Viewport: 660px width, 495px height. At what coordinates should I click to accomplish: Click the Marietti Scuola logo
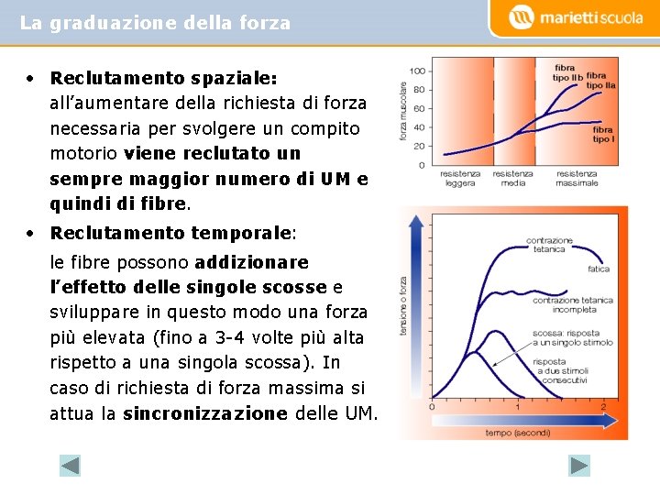tap(576, 17)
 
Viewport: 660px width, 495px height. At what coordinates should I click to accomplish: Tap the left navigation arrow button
tap(71, 465)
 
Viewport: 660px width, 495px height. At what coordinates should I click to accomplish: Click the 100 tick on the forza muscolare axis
tap(417, 71)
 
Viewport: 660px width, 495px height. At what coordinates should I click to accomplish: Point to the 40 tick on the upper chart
tap(419, 127)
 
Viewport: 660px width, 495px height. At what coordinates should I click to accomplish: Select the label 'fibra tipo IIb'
tap(565, 72)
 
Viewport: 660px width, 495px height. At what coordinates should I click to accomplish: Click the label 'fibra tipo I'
tap(602, 135)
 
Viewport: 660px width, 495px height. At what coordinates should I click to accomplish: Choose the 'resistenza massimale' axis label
tap(577, 178)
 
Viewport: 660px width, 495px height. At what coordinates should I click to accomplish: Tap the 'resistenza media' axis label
tap(512, 178)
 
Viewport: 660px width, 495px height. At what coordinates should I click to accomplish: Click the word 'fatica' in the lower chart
tap(599, 269)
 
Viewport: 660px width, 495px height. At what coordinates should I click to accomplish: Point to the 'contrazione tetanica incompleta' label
tap(572, 304)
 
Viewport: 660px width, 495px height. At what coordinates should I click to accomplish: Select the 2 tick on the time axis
tap(603, 406)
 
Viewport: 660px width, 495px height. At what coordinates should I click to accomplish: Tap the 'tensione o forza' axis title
tap(404, 306)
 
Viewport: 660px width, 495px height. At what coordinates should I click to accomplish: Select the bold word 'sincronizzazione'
tap(205, 413)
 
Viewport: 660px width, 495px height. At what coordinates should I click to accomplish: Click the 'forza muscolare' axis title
tap(403, 111)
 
